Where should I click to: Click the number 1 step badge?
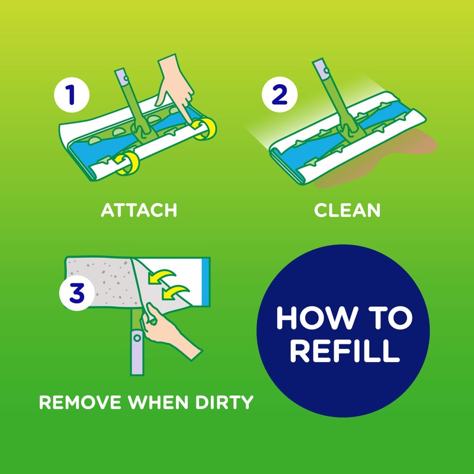tap(71, 95)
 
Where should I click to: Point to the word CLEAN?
tap(347, 210)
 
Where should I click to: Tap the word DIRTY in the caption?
tap(222, 403)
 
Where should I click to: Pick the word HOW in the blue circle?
tap(310, 319)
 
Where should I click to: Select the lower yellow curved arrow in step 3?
tap(177, 292)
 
